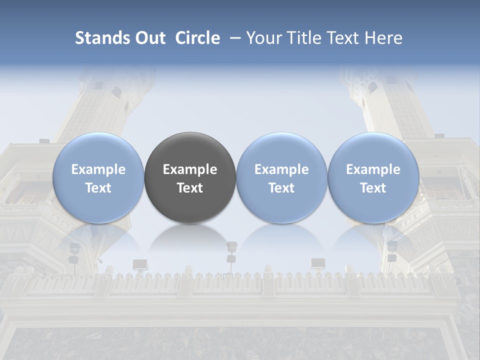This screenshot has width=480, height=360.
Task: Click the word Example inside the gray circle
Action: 190,169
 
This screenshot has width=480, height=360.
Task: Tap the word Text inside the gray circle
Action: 190,188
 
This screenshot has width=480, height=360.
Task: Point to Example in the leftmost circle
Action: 98,169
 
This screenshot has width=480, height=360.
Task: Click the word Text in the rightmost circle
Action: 373,188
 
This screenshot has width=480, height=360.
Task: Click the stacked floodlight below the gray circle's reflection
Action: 231,252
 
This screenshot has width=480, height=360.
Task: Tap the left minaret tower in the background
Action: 100,105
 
